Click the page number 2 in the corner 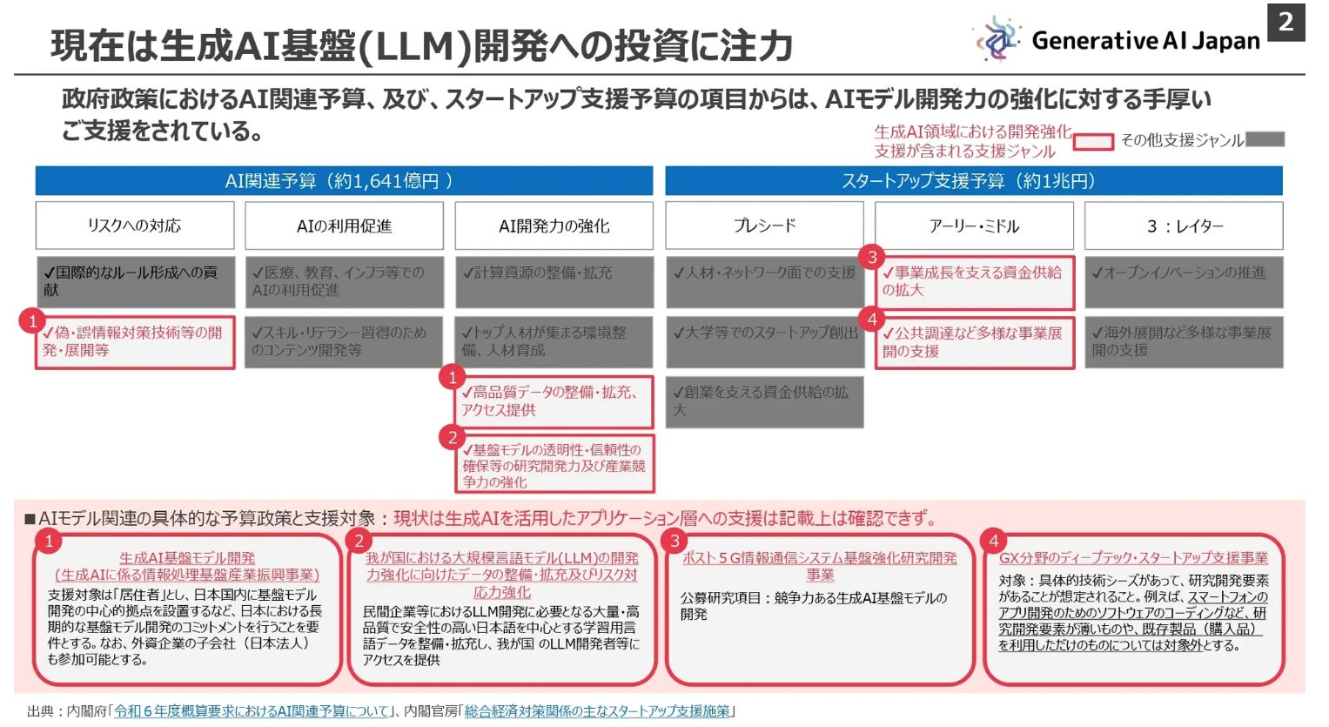coord(1285,22)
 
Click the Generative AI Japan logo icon coord(997,39)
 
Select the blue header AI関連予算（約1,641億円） coord(344,181)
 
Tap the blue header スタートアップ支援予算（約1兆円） coord(973,181)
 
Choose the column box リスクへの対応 coord(135,226)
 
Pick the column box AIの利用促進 coord(344,226)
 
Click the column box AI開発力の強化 coord(554,226)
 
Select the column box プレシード coord(764,226)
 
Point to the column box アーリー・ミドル coord(974,226)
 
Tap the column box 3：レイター coord(1184,226)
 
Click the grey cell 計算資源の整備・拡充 coord(554,281)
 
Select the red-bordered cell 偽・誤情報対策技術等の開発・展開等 coord(135,342)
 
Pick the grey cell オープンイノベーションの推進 coord(1184,281)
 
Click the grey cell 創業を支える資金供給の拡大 coord(764,401)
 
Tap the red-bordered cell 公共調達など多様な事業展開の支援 coord(974,342)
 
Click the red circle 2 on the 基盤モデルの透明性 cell coord(452,437)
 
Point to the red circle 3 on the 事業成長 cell coord(871,257)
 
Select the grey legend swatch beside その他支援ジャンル coord(1265,139)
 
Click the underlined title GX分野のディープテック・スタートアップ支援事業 coord(1133,558)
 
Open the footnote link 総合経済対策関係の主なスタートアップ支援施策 coord(597,711)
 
